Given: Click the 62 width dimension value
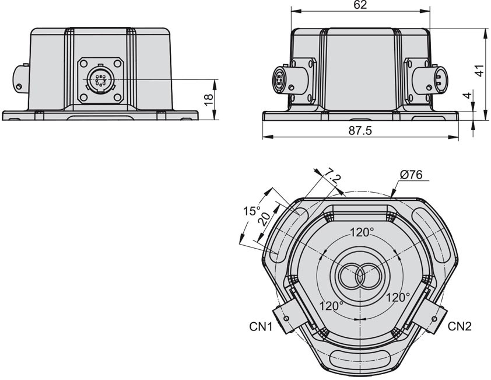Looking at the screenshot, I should click(x=360, y=5).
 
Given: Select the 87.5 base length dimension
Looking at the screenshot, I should click(x=360, y=131).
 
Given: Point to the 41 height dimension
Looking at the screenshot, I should click(x=479, y=70).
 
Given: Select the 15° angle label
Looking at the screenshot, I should click(x=251, y=211).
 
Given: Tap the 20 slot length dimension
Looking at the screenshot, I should click(x=264, y=219).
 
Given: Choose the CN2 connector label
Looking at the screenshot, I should click(x=460, y=326).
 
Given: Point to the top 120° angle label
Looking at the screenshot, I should click(x=362, y=232).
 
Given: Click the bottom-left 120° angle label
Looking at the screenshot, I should click(x=331, y=305).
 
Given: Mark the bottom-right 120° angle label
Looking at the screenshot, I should click(x=398, y=297).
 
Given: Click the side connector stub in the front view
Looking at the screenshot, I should click(x=20, y=77).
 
